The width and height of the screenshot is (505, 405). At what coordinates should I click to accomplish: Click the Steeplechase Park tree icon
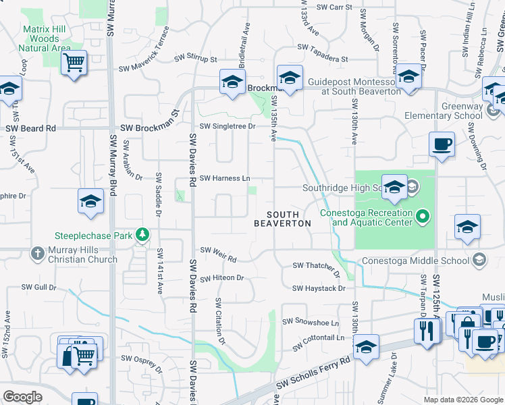(142, 235)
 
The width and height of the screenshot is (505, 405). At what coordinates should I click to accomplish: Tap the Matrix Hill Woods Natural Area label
(49, 38)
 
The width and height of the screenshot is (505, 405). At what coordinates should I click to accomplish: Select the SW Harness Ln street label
(225, 178)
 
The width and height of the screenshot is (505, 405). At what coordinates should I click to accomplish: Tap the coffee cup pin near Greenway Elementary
(442, 144)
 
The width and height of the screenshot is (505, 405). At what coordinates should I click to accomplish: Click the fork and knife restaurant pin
(427, 331)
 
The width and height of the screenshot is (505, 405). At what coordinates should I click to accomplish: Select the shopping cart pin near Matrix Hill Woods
(74, 63)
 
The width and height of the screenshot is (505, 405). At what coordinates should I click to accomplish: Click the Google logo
(22, 397)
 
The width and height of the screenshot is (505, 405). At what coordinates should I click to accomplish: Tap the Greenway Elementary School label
(461, 111)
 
